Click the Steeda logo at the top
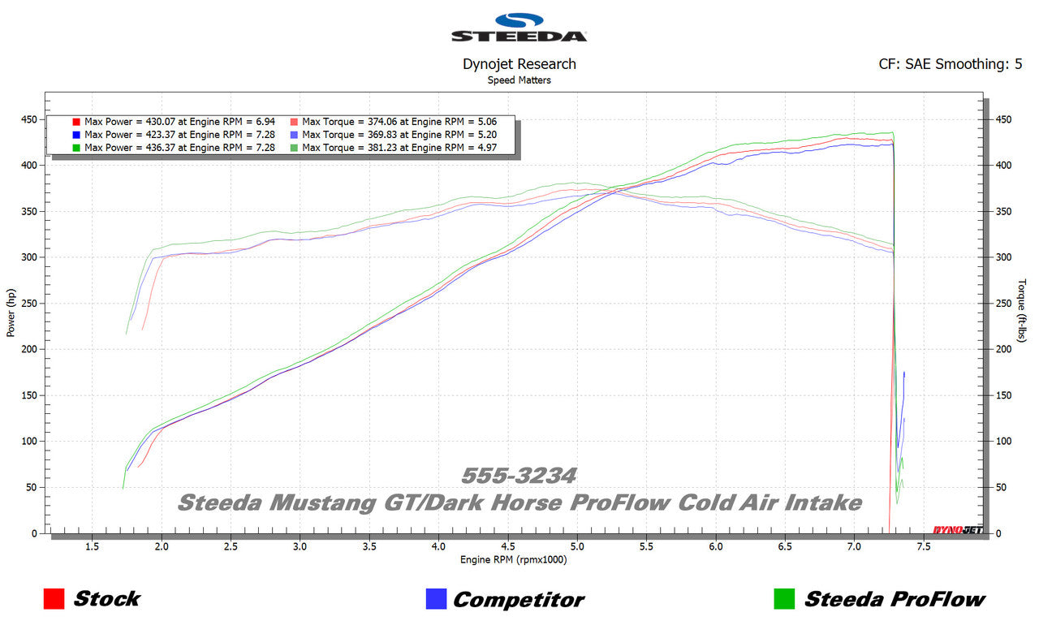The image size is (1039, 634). [519, 28]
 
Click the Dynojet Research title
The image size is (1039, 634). [519, 64]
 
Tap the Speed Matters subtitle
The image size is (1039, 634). [519, 80]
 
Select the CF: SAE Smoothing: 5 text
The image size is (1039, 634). [950, 64]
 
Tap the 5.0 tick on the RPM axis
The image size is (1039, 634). [577, 547]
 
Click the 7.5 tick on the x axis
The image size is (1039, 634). [923, 547]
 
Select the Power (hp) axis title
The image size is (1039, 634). [11, 313]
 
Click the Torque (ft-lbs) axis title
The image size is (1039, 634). [1022, 311]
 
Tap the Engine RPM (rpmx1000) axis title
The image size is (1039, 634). [513, 560]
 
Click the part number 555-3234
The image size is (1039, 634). [519, 476]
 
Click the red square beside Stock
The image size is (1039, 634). [54, 599]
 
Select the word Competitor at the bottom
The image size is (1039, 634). [518, 600]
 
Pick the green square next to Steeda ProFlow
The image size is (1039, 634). [783, 599]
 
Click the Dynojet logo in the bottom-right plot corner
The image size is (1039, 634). [957, 530]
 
